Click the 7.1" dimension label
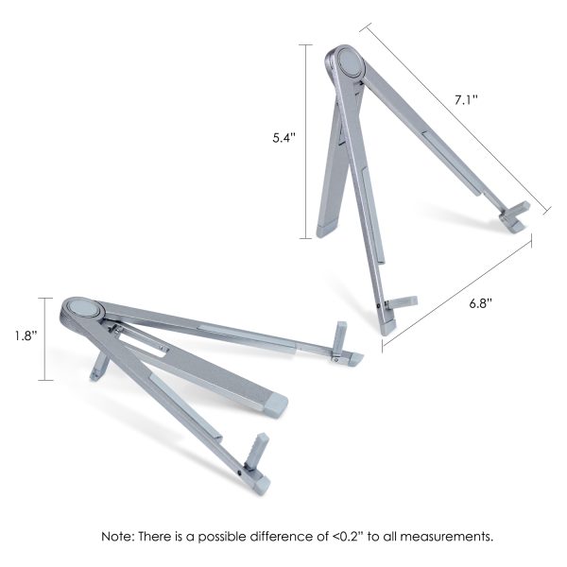(x=467, y=100)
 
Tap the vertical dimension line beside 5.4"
(x=307, y=142)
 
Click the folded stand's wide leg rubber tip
(x=274, y=404)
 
